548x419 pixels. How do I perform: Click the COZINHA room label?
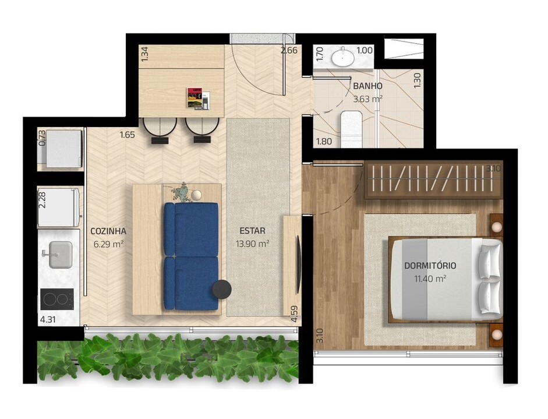point(108,231)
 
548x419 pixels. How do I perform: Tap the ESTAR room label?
point(252,231)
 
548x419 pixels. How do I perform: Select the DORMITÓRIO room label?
point(430,266)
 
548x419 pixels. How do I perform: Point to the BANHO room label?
point(367,86)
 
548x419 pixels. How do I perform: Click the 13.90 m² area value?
point(252,244)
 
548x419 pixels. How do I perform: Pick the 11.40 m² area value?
point(430,279)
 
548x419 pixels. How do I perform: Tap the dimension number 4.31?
point(48,319)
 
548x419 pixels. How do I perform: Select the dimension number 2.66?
point(289,51)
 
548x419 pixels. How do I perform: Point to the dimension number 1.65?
point(128,135)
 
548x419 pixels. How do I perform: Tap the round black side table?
point(221,288)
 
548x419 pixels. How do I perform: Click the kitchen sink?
point(59,255)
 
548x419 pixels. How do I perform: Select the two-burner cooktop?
point(57,300)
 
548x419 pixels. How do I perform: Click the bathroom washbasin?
point(342,58)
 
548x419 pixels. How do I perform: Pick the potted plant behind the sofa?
point(183,191)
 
